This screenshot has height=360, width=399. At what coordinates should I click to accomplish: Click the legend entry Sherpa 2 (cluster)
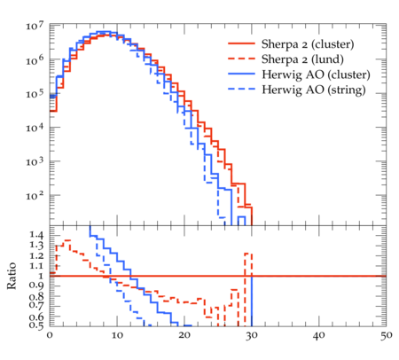[x=308, y=44]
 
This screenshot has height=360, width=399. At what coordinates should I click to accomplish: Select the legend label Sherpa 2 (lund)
[x=302, y=59]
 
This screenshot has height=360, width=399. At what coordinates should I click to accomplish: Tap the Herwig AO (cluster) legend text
[x=316, y=74]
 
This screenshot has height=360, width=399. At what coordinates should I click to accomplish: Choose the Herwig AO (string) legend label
[x=314, y=90]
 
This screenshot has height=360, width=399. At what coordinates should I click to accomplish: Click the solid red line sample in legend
[x=241, y=43]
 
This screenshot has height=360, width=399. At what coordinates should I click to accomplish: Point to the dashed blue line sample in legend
[x=241, y=89]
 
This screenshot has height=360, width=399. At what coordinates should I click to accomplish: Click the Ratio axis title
[x=12, y=276]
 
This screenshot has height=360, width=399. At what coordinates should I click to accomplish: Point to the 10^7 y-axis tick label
[x=35, y=26]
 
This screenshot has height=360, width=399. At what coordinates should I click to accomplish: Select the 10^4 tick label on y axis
[x=35, y=128]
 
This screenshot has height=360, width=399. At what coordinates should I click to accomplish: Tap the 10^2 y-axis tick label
[x=35, y=195]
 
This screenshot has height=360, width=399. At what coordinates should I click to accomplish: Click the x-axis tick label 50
[x=386, y=335]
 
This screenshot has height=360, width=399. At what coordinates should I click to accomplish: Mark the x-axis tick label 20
[x=184, y=335]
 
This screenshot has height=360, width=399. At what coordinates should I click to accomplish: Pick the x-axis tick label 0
[x=50, y=335]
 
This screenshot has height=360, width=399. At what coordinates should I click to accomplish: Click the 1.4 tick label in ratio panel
[x=36, y=235]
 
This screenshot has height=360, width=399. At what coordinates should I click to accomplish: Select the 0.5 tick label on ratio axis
[x=36, y=325]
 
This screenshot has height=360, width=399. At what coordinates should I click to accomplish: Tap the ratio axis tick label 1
[x=41, y=276]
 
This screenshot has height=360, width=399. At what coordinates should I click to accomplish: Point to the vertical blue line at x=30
[x=252, y=301]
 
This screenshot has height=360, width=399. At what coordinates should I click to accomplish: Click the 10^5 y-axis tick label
[x=35, y=94]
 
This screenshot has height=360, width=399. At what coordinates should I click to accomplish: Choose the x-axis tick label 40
[x=319, y=335]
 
